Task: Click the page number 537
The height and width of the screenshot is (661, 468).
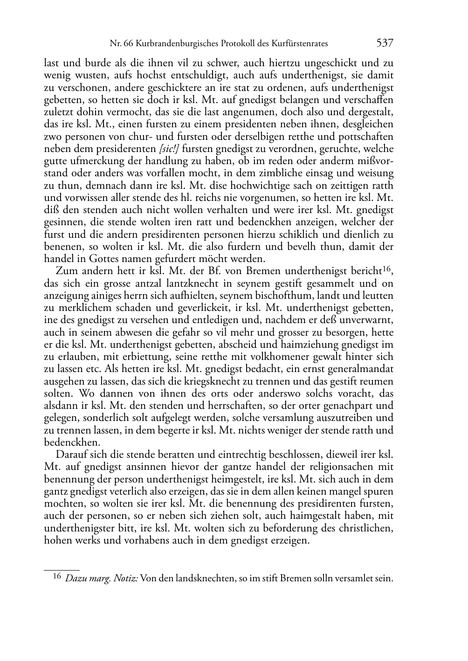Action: point(385,43)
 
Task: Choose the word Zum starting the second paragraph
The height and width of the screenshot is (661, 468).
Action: point(66,271)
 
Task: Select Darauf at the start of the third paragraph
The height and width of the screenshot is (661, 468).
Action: point(71,454)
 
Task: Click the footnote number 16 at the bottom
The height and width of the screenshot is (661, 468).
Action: point(56,577)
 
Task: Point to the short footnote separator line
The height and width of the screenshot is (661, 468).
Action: point(62,570)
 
